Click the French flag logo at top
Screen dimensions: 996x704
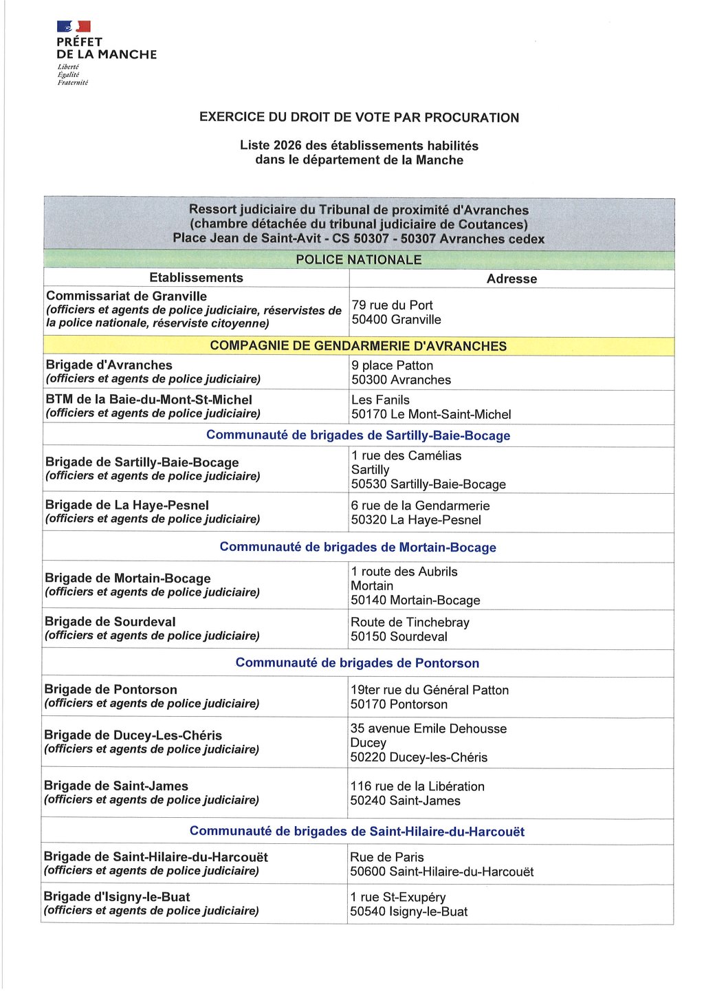(74, 27)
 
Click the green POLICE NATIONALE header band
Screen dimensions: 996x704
(358, 260)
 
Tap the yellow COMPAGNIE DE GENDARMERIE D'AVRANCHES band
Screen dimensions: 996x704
(358, 346)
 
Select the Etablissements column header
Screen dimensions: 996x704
(196, 278)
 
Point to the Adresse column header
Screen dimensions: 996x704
(511, 279)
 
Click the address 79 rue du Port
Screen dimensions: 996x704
(392, 305)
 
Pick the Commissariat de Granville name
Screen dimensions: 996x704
(126, 296)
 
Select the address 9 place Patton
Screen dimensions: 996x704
(392, 366)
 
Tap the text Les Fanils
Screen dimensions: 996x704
(380, 400)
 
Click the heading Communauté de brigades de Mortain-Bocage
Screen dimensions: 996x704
(357, 548)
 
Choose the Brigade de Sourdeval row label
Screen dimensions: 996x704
(110, 622)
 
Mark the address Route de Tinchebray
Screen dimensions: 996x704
(410, 622)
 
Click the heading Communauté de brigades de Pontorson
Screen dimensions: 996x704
(357, 663)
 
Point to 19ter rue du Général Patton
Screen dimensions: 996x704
(430, 690)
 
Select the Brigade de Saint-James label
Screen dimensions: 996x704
(115, 786)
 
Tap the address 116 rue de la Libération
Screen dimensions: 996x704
(417, 786)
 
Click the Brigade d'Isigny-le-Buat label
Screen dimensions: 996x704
(116, 897)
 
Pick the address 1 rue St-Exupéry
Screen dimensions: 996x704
(398, 898)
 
